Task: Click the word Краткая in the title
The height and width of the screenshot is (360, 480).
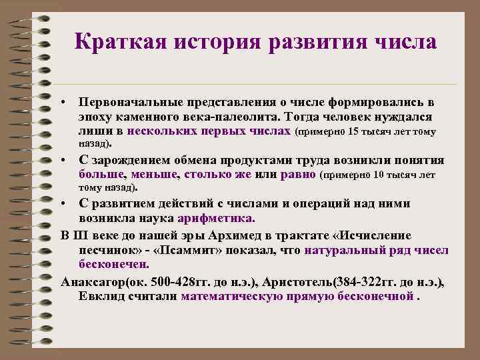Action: click(119, 43)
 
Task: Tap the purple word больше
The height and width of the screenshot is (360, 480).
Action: click(100, 175)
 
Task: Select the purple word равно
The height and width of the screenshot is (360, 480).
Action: click(300, 175)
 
